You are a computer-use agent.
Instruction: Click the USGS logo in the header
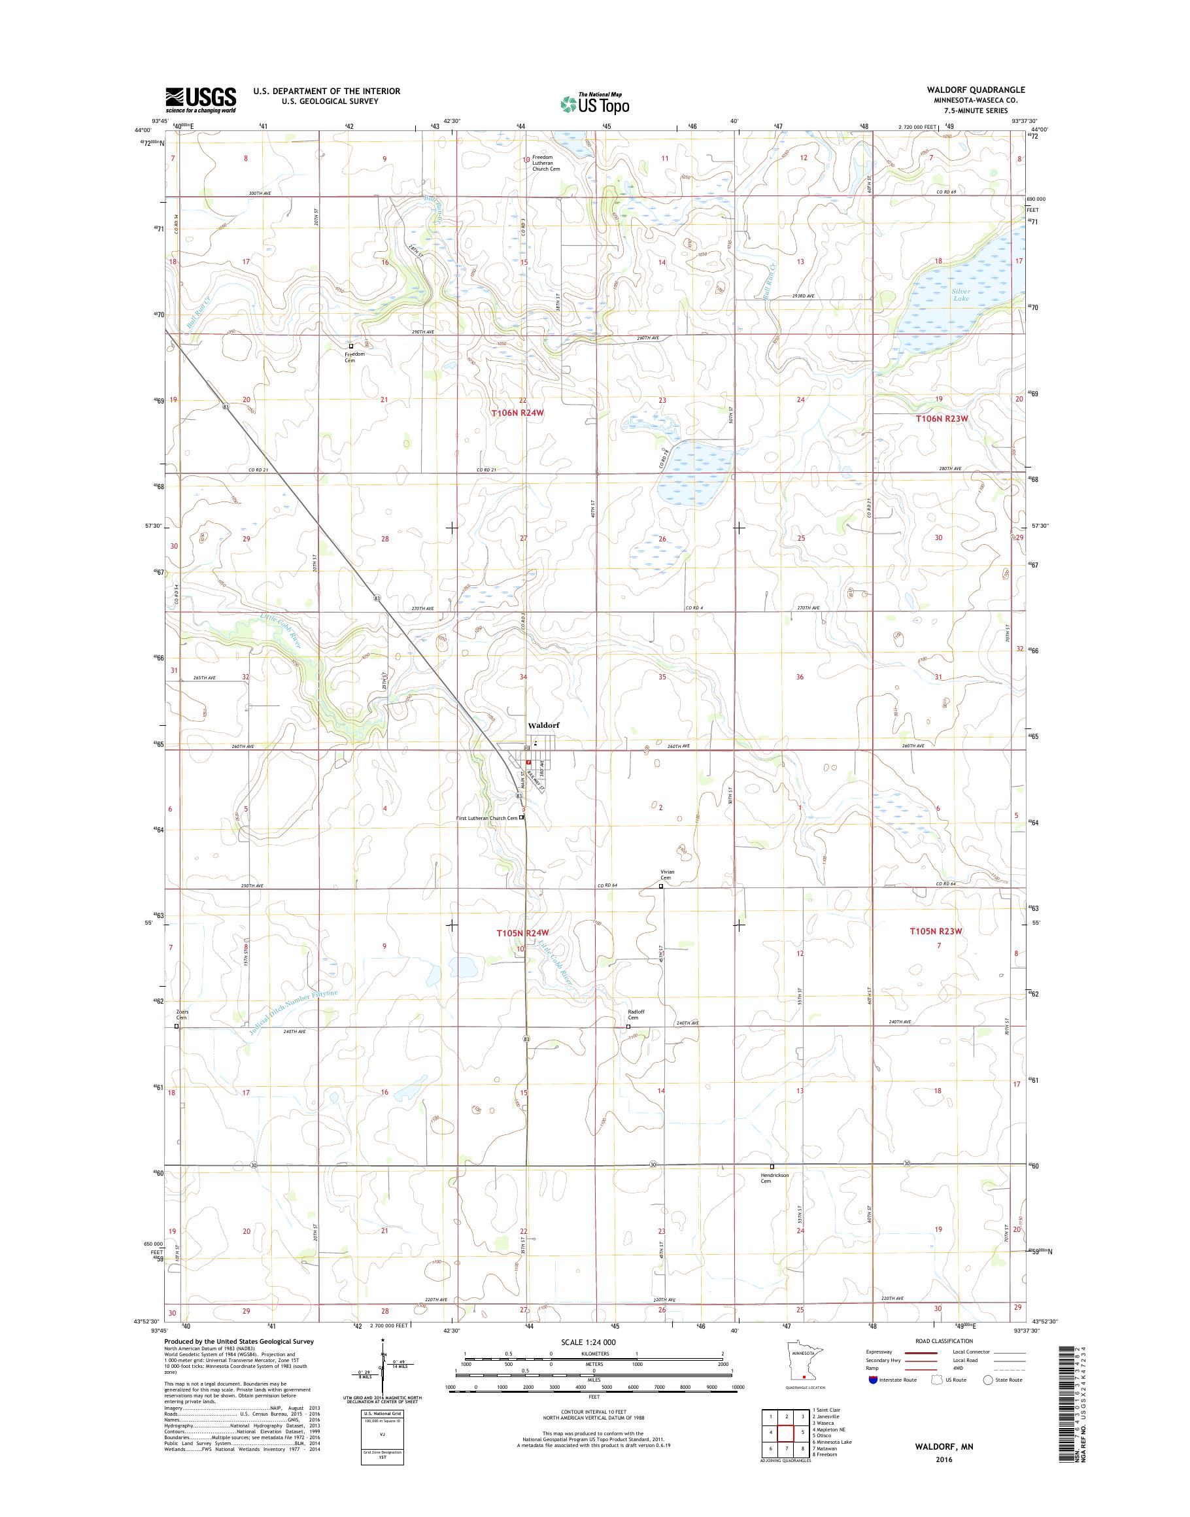point(201,99)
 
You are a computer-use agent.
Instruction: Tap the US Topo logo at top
point(595,103)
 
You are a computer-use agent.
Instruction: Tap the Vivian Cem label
point(668,874)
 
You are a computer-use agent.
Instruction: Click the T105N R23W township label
point(938,931)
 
